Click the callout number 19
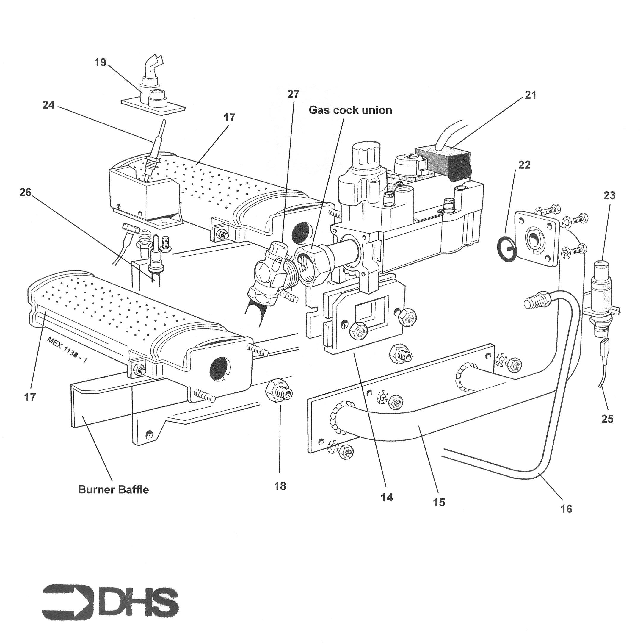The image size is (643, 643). tap(100, 62)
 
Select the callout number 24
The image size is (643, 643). tap(48, 105)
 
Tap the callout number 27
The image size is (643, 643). tap(293, 95)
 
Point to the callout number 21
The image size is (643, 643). tap(531, 95)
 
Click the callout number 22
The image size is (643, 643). tap(524, 165)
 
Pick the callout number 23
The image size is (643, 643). tap(609, 196)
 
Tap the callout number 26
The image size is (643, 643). tap(25, 192)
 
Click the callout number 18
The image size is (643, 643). tap(280, 486)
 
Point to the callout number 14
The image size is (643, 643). tap(387, 497)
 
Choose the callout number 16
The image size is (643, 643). tap(566, 509)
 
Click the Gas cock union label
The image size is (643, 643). tap(350, 110)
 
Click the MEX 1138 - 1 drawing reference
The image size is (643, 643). tap(67, 350)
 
